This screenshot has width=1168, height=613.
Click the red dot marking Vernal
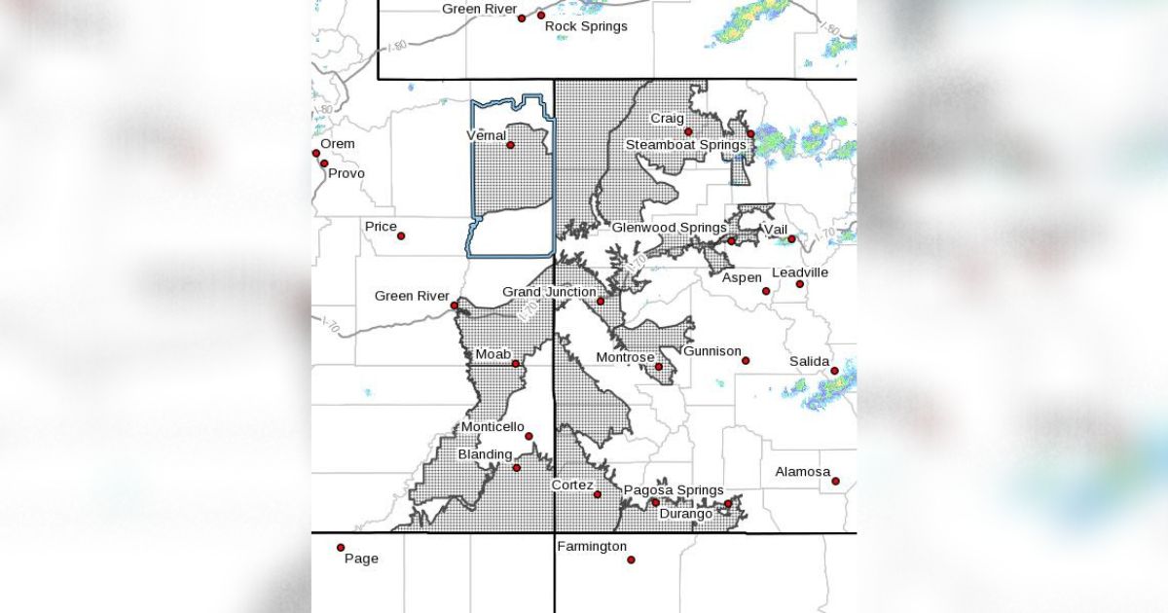[510, 145]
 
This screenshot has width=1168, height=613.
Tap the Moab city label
[493, 354]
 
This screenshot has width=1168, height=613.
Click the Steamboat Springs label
[685, 145]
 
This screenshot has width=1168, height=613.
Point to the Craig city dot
[687, 131]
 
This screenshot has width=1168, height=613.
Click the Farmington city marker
[631, 559]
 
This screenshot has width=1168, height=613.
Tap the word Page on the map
[361, 559]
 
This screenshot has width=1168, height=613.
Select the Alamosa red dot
[835, 481]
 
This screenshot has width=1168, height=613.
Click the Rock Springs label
[586, 26]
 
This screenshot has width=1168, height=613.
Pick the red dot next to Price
[400, 235]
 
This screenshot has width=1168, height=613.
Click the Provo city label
[347, 173]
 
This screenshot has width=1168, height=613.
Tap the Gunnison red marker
[746, 361]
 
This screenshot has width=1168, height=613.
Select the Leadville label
[800, 272]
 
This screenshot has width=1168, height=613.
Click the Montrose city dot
[659, 367]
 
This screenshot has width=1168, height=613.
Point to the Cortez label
[572, 484]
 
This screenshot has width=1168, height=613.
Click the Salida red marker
[835, 371]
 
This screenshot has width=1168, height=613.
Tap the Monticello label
[493, 427]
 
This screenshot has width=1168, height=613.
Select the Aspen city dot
[766, 291]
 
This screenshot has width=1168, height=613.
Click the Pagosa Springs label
[674, 490]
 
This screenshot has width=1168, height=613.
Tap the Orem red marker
[316, 153]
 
